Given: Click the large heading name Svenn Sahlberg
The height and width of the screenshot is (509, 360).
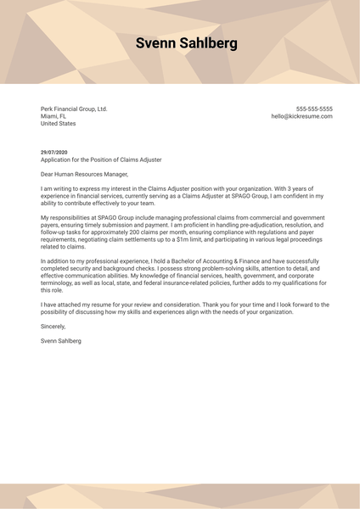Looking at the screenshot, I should (x=187, y=44).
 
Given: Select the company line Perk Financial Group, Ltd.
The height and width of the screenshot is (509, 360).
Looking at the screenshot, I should (x=74, y=109).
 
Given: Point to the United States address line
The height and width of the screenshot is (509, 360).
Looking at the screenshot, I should (x=58, y=124).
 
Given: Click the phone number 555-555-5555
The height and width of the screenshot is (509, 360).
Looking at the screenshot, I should (x=314, y=109).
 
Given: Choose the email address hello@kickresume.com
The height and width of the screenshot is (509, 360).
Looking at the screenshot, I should (x=301, y=116).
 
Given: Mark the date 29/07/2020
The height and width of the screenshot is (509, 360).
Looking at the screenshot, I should (x=54, y=152).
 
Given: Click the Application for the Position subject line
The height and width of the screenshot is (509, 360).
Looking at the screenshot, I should (x=101, y=159).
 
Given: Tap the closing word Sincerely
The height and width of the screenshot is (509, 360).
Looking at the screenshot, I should (x=53, y=326).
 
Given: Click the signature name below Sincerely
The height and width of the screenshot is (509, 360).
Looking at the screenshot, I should (x=61, y=340).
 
